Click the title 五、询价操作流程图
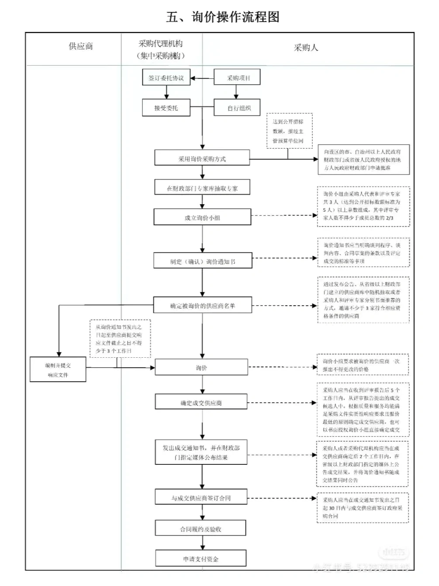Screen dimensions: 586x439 [x=222, y=17]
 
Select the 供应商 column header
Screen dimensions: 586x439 [x=81, y=46]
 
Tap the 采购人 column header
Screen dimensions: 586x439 [x=306, y=48]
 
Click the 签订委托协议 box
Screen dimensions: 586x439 [x=166, y=78]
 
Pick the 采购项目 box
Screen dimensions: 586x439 [x=237, y=77]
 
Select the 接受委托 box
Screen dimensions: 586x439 [x=166, y=108]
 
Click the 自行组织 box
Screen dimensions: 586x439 [x=238, y=108]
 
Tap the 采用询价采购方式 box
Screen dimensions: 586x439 [x=202, y=158]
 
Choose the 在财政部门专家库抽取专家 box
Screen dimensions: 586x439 [x=202, y=188]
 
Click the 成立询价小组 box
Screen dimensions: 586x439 [x=202, y=217]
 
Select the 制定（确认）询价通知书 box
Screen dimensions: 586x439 [x=202, y=261]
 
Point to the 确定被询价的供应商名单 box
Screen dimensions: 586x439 [x=202, y=305]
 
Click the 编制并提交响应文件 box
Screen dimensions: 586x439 [x=58, y=370]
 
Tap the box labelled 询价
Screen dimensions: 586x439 [x=201, y=368]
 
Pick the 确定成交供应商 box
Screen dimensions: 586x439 [x=201, y=402]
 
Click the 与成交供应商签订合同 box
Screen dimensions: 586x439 [x=201, y=498]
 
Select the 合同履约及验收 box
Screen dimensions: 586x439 [x=200, y=529]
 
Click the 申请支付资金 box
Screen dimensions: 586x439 [x=200, y=558]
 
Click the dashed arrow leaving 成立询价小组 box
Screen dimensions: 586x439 [x=284, y=216]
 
